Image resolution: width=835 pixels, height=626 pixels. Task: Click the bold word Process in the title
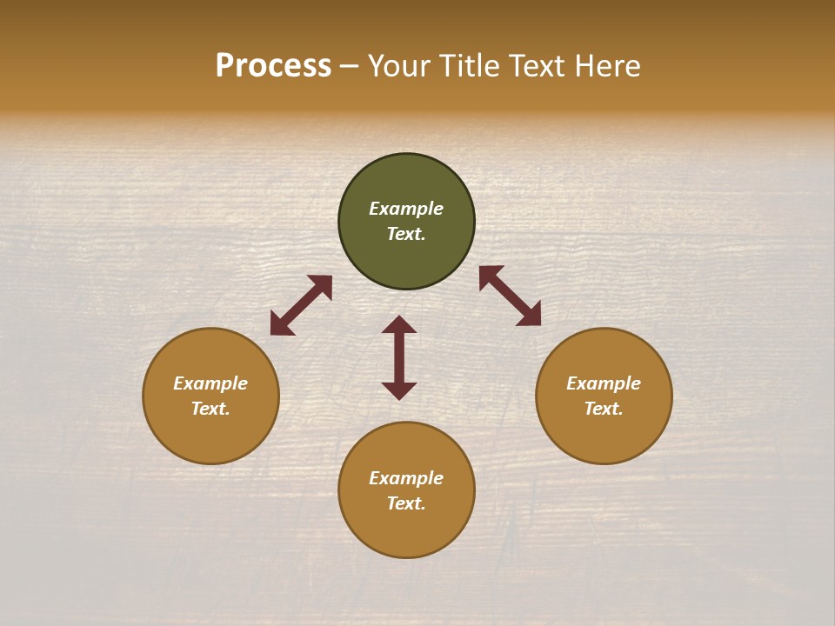[x=273, y=66]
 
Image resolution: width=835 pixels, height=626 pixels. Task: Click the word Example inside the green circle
[x=406, y=209]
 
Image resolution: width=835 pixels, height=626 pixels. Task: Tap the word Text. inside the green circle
[x=406, y=234]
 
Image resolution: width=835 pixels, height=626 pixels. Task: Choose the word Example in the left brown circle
[x=210, y=383]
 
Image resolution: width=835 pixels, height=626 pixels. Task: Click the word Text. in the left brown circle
[x=210, y=409]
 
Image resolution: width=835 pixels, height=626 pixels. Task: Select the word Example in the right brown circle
[x=604, y=383]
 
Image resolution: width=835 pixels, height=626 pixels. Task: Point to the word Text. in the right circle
[x=604, y=409]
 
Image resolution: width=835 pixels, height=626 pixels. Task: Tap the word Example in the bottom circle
[x=406, y=478]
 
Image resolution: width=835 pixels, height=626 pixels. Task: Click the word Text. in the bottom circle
[x=406, y=503]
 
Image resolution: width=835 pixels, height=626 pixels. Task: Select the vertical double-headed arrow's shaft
[x=399, y=357]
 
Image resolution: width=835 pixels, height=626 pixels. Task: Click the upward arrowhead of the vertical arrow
[x=399, y=324]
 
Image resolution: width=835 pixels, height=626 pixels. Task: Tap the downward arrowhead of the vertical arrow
[x=399, y=390]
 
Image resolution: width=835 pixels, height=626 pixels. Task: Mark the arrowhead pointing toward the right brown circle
[x=530, y=315]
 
